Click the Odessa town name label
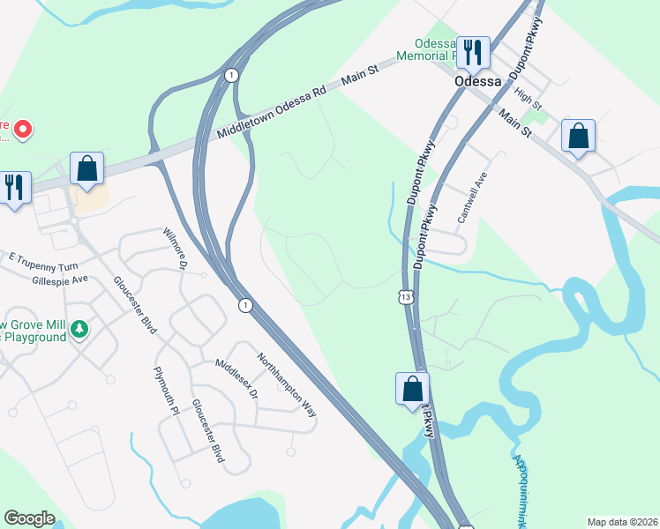pyautogui.click(x=477, y=80)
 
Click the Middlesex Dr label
pyautogui.click(x=236, y=379)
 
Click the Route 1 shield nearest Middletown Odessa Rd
pyautogui.click(x=230, y=75)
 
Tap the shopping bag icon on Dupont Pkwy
pyautogui.click(x=412, y=389)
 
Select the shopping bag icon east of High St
pyautogui.click(x=578, y=137)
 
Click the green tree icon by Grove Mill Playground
pyautogui.click(x=79, y=329)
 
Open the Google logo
pyautogui.click(x=29, y=518)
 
